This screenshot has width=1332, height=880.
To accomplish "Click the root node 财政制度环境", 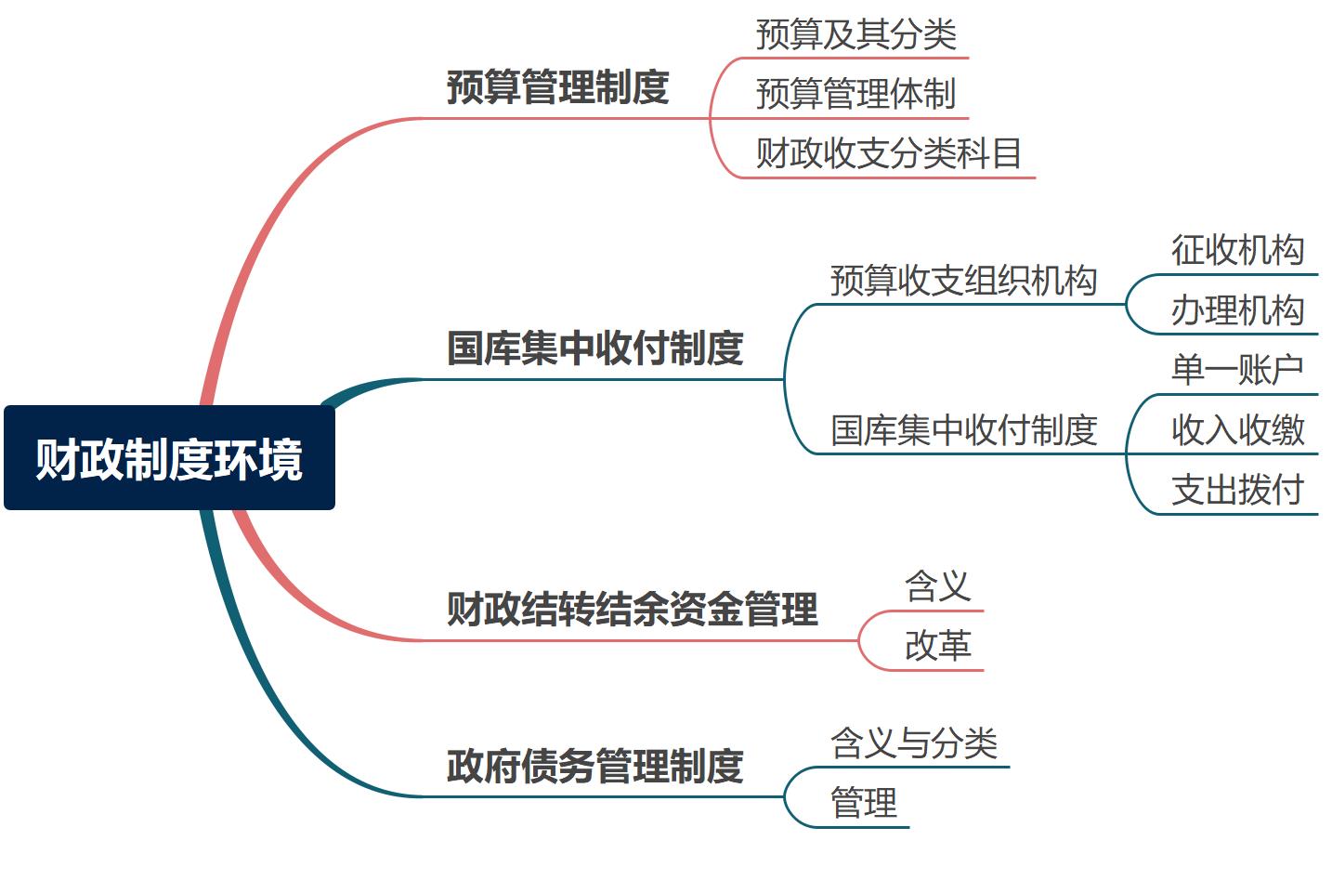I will tap(169, 458).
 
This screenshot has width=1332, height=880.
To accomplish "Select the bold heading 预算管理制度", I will tap(557, 88).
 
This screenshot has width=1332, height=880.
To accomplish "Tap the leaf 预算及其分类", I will tap(855, 35).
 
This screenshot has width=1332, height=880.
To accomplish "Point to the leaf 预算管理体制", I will tap(855, 94).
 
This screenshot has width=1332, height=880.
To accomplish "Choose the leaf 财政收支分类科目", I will tap(888, 153).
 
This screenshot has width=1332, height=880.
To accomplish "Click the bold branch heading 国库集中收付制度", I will tap(594, 348).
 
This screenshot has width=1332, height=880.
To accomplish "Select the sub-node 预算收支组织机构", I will tap(963, 281).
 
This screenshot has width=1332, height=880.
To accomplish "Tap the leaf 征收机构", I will tap(1237, 250).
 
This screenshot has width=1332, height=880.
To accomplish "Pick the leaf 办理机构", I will tap(1237, 310).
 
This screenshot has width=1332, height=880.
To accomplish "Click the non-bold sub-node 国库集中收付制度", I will tap(963, 430).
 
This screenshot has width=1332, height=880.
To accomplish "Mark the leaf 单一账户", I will tap(1237, 370).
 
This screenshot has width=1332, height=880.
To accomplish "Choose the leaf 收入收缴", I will tap(1237, 430).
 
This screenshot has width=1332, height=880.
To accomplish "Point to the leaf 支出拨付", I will tap(1237, 490).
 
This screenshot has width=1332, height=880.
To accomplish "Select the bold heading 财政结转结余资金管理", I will tap(632, 610).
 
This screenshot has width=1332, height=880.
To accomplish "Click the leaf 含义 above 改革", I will tap(937, 586).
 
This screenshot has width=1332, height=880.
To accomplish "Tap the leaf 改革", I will tap(937, 646).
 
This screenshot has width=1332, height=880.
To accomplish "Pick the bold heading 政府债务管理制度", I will tap(594, 767).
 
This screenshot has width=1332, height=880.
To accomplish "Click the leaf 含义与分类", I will tap(914, 743).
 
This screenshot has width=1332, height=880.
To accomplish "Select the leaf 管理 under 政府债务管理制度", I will tap(864, 803).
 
